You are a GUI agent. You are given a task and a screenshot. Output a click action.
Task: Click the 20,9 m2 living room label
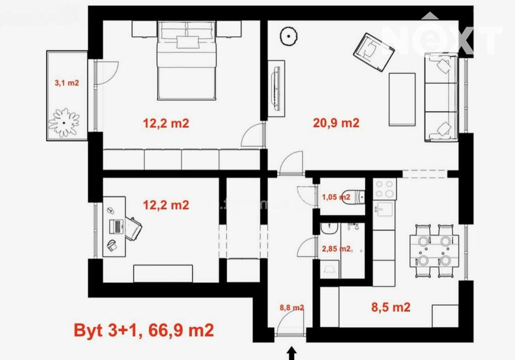pyautogui.click(x=336, y=123)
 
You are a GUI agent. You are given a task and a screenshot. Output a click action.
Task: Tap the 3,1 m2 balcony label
pyautogui.click(x=67, y=83)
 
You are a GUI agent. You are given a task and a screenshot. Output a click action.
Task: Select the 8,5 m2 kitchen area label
pyautogui.click(x=391, y=307)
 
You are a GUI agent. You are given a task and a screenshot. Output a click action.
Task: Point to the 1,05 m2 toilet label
pyautogui.click(x=336, y=197)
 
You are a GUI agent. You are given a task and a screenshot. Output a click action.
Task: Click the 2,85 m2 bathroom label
pyautogui.click(x=336, y=249)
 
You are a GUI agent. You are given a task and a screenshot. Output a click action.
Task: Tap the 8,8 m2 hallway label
pyautogui.click(x=291, y=308)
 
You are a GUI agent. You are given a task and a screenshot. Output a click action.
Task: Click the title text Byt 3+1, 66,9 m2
pyautogui.click(x=144, y=330)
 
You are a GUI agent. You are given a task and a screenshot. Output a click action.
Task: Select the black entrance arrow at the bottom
pyautogui.click(x=292, y=354)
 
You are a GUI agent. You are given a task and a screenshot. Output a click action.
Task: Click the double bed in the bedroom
pyautogui.click(x=187, y=60)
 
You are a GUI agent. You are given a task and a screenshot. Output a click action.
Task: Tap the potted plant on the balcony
pyautogui.click(x=64, y=123)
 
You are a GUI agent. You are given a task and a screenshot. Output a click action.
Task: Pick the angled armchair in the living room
pyautogui.click(x=374, y=52)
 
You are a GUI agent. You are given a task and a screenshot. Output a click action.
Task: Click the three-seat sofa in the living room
pyautogui.click(x=441, y=97)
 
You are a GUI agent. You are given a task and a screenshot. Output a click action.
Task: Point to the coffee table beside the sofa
pyautogui.click(x=402, y=100)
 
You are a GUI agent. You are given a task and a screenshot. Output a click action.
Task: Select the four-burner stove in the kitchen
pyautogui.click(x=385, y=189)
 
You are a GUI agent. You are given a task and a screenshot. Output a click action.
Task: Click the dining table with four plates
pyautogui.click(x=434, y=251)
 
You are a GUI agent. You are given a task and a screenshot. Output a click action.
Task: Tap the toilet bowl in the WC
pyautogui.click(x=353, y=197)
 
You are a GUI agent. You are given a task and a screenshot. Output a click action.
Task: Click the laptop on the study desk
pyautogui.click(x=115, y=226)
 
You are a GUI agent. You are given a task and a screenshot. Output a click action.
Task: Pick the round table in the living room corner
pyautogui.click(x=289, y=36)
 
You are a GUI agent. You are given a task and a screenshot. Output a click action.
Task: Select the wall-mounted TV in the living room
pyautogui.click(x=276, y=89)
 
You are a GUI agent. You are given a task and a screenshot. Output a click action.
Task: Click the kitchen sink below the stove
pyautogui.click(x=384, y=209)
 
